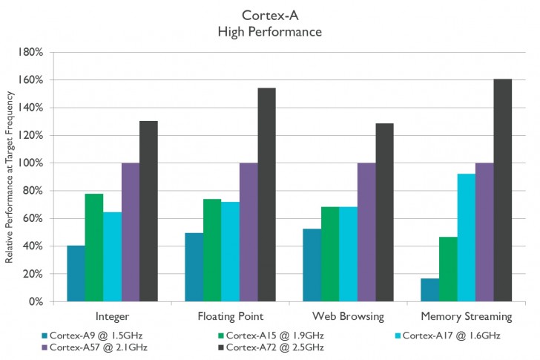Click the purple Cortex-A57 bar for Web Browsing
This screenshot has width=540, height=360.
click(366, 232)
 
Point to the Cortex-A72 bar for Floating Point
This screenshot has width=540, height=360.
click(266, 194)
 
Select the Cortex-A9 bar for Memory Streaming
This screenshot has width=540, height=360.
click(429, 289)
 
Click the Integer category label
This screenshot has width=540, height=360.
click(112, 317)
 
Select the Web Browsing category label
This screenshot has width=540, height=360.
click(348, 317)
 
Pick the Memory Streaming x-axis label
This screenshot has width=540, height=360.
click(466, 317)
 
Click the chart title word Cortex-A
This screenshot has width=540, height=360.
click(270, 14)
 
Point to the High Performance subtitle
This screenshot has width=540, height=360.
click(270, 31)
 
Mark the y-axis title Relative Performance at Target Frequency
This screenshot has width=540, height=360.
click(10, 177)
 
